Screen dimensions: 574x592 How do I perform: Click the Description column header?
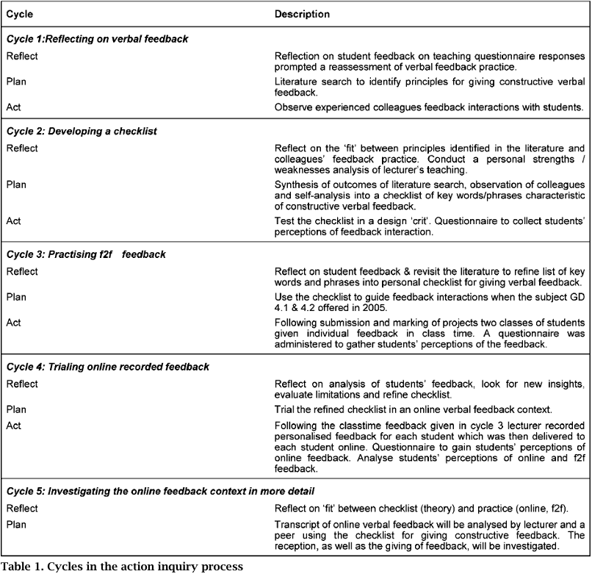point(302,14)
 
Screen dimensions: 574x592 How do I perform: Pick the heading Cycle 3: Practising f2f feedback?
point(86,254)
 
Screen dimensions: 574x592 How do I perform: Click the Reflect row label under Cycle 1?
point(22,56)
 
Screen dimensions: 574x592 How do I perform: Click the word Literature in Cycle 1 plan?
point(297,82)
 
